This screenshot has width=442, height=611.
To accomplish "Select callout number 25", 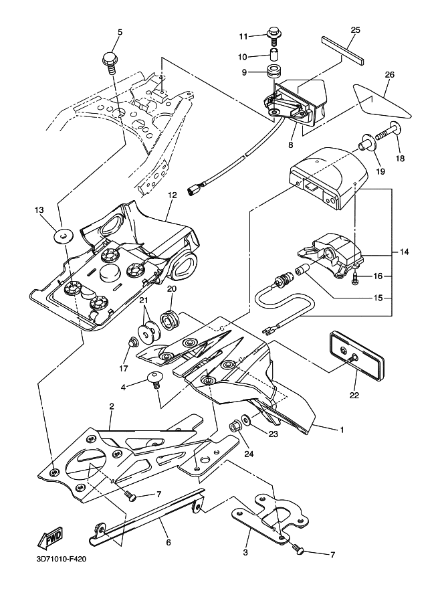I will pyautogui.click(x=355, y=30).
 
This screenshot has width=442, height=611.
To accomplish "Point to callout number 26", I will pyautogui.click(x=389, y=75).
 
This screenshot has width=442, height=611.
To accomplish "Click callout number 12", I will pyautogui.click(x=172, y=195).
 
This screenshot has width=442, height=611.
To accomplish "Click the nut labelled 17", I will pyautogui.click(x=132, y=343).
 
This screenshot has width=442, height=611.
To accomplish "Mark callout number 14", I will pyautogui.click(x=404, y=252).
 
